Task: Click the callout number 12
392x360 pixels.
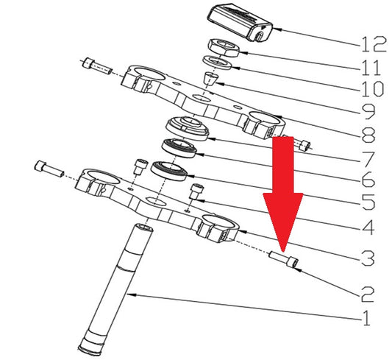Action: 374,44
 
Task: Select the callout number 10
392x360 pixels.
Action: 373,89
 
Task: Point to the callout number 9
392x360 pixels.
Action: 368,112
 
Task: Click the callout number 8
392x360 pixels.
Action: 368,135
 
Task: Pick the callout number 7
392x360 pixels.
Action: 368,159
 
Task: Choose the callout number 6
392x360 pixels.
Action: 368,180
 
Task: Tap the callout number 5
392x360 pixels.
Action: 368,202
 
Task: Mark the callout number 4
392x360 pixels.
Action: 367,227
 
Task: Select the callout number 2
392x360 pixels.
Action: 367,294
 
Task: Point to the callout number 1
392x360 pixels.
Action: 366,318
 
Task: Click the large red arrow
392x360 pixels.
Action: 283,194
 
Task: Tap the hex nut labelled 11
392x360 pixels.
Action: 224,48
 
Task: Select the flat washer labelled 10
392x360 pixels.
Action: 217,63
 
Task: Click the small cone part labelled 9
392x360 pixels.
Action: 210,79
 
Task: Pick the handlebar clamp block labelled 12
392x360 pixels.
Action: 240,22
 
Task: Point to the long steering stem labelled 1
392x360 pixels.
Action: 116,289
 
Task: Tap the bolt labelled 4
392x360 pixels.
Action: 196,191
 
